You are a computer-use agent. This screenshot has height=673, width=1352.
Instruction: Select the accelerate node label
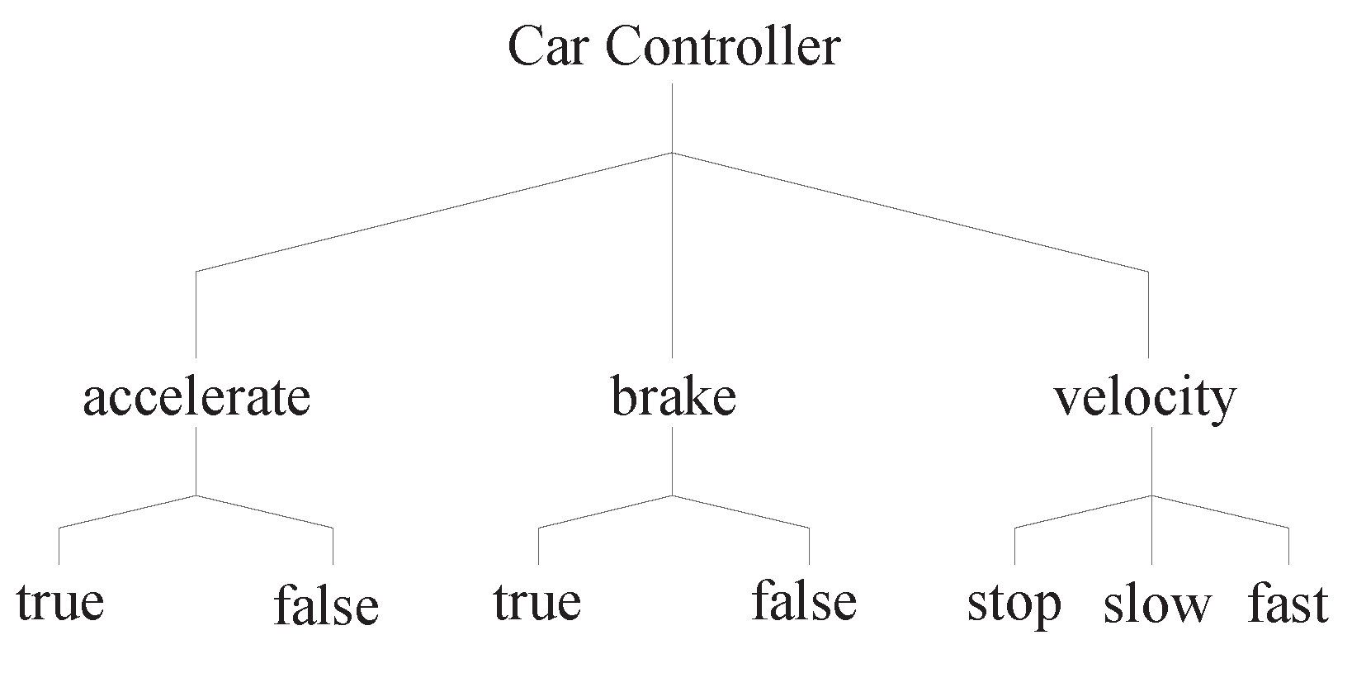pyautogui.click(x=196, y=398)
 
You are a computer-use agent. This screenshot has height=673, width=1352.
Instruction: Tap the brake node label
pyautogui.click(x=673, y=398)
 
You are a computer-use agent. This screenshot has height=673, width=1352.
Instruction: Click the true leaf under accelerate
pyautogui.click(x=59, y=602)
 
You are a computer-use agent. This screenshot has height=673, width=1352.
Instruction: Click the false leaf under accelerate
pyautogui.click(x=326, y=605)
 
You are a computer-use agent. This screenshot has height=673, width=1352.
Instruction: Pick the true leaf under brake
pyautogui.click(x=537, y=602)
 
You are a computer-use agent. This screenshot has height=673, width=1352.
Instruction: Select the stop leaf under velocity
pyautogui.click(x=1014, y=604)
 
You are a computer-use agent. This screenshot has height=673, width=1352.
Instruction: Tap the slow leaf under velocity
pyautogui.click(x=1156, y=604)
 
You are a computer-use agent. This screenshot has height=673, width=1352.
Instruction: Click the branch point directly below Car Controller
pyautogui.click(x=672, y=153)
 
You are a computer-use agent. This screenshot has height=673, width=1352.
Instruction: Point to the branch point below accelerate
pyautogui.click(x=196, y=495)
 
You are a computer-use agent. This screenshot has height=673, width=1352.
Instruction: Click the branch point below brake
pyautogui.click(x=672, y=495)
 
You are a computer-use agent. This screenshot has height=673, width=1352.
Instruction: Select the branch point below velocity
pyautogui.click(x=1152, y=495)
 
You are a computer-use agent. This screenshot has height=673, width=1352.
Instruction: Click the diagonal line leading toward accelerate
pyautogui.click(x=433, y=212)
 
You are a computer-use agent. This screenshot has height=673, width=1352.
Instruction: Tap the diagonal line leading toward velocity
pyautogui.click(x=910, y=212)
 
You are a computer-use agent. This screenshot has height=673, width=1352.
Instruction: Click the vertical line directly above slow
pyautogui.click(x=1152, y=533)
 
